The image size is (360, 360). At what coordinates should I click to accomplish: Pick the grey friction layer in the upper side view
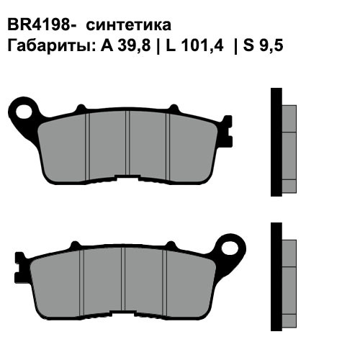click(x=287, y=148)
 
